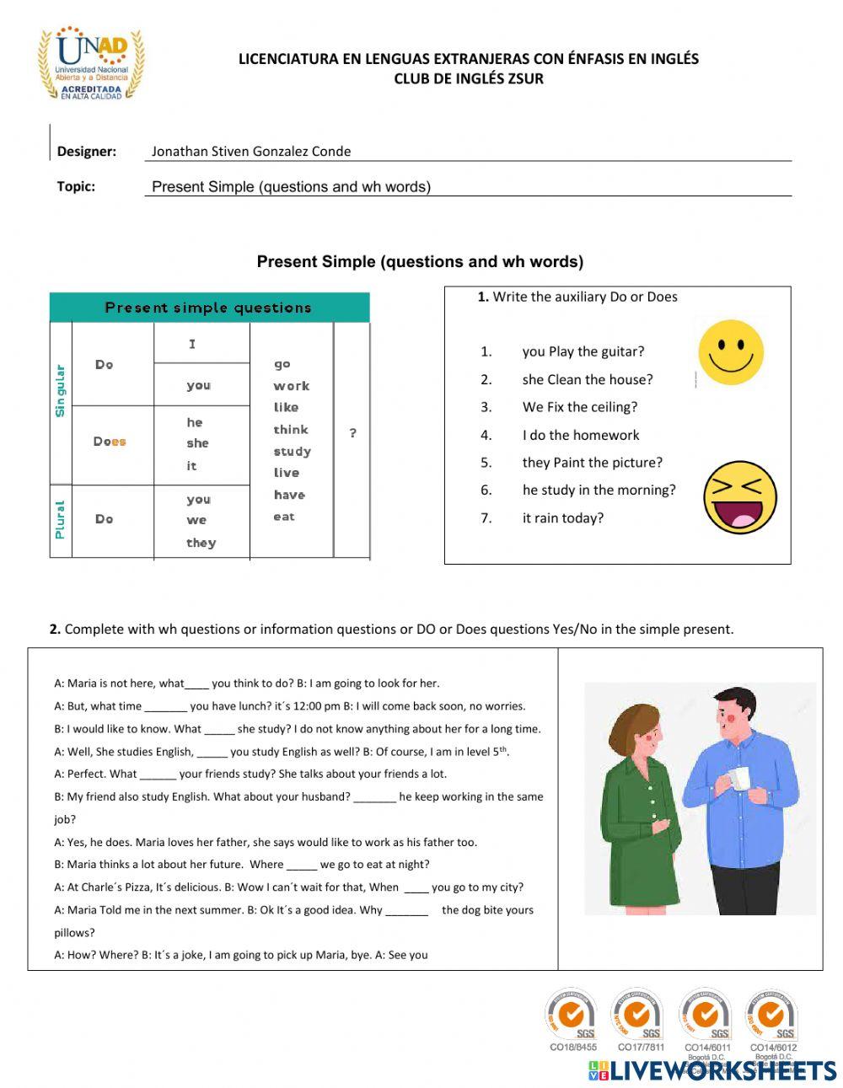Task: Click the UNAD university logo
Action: click(x=90, y=65)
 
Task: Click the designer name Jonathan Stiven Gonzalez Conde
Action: click(x=250, y=152)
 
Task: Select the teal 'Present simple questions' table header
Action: click(x=209, y=308)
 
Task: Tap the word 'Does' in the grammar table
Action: click(x=110, y=442)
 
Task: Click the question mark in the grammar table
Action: click(x=352, y=433)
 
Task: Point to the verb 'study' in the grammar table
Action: click(x=292, y=452)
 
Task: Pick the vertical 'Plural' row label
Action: click(x=60, y=519)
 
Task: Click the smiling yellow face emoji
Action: click(x=731, y=352)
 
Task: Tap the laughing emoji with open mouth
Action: click(x=739, y=497)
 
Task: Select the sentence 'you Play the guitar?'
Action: click(x=583, y=351)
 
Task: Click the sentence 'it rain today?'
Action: click(x=562, y=518)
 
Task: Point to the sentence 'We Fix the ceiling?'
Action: click(x=579, y=407)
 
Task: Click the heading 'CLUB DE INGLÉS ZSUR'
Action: click(x=469, y=79)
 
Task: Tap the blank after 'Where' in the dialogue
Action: click(x=301, y=865)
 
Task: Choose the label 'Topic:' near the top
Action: click(x=76, y=186)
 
